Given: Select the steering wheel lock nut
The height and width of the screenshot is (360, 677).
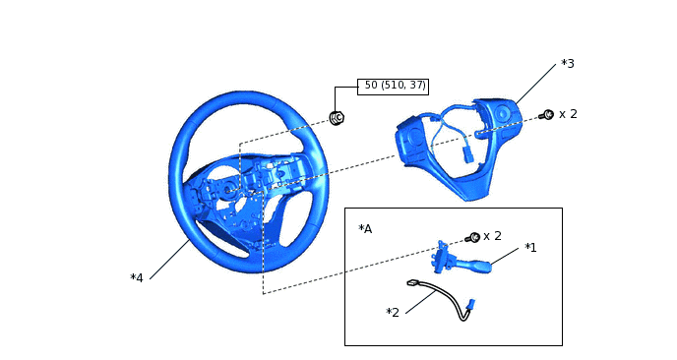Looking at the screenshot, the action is click(x=337, y=117).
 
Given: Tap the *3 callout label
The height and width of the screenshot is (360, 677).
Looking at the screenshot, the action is click(x=568, y=64).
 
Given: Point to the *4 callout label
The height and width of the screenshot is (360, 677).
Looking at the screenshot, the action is click(x=137, y=278).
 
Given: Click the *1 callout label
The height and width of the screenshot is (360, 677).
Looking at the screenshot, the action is click(x=530, y=247).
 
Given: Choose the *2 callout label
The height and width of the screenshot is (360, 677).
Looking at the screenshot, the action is click(x=393, y=312).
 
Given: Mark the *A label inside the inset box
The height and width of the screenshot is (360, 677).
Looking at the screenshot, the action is click(x=365, y=229).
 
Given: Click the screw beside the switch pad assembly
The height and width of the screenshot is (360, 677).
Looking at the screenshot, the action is click(x=547, y=115).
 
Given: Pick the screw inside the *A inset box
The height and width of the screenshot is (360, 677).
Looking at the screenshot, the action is click(x=473, y=237).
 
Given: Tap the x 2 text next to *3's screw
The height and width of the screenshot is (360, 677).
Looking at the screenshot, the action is click(x=568, y=114).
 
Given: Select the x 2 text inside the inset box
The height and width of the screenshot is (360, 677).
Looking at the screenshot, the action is click(x=492, y=236).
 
